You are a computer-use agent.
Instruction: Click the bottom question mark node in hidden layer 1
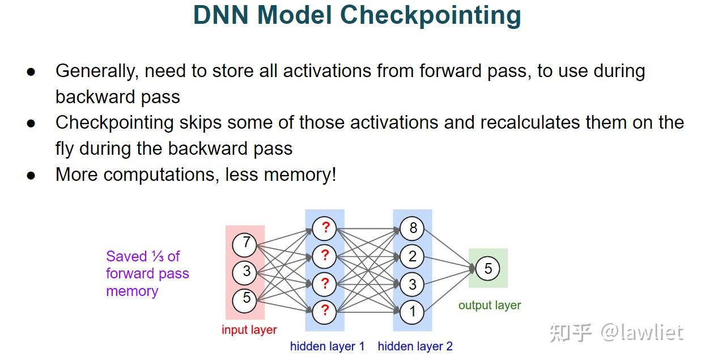click(x=325, y=310)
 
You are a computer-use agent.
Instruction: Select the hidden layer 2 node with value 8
click(x=413, y=228)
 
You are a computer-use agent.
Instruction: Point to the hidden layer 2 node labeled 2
click(x=413, y=256)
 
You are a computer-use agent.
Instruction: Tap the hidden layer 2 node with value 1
click(x=413, y=311)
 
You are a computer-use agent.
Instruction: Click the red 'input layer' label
click(x=249, y=330)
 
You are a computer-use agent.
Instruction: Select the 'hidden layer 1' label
click(x=327, y=346)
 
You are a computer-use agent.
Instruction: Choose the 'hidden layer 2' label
click(x=415, y=346)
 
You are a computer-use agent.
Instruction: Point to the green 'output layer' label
click(x=489, y=306)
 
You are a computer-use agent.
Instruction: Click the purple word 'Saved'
click(x=126, y=256)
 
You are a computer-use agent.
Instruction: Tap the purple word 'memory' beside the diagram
click(x=131, y=291)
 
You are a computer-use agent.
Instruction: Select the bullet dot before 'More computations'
click(x=31, y=175)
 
